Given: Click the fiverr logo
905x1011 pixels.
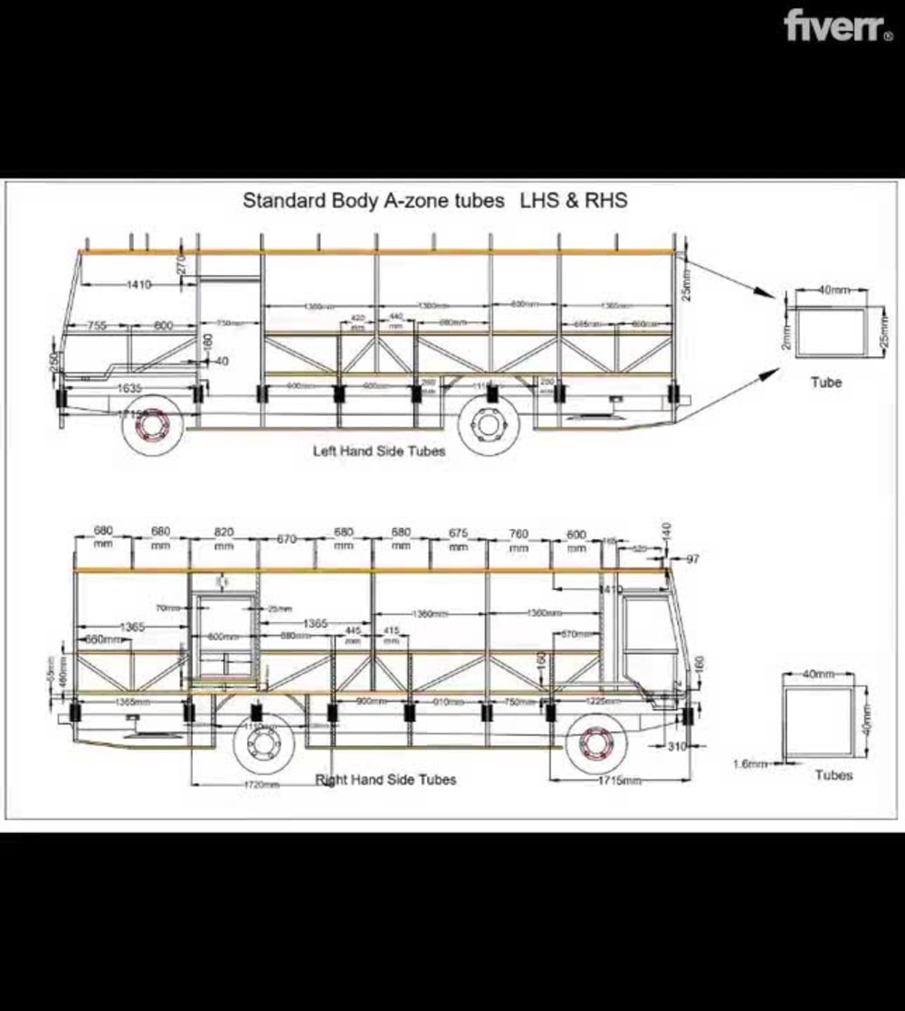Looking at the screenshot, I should (838, 25).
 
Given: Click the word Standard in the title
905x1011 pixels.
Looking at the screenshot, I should (282, 201).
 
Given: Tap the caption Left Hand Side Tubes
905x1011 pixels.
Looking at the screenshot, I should (379, 450).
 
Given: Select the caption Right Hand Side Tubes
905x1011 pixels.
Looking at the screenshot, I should (386, 780).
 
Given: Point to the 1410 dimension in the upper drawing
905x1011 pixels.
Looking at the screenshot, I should (138, 285).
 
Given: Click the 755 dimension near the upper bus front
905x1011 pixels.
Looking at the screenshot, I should (96, 326).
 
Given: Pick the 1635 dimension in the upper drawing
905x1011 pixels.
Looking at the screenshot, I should (129, 388).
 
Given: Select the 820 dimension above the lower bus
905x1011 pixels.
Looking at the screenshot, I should (224, 533).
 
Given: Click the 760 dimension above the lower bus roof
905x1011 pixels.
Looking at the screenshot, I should (518, 534).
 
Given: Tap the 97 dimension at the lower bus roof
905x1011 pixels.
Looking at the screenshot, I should (692, 560).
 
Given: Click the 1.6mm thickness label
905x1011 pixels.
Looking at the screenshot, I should (748, 764).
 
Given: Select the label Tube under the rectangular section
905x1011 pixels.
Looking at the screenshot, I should (825, 383).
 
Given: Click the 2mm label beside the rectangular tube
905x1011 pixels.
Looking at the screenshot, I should (786, 336).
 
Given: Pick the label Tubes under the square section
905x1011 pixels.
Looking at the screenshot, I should (833, 775).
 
